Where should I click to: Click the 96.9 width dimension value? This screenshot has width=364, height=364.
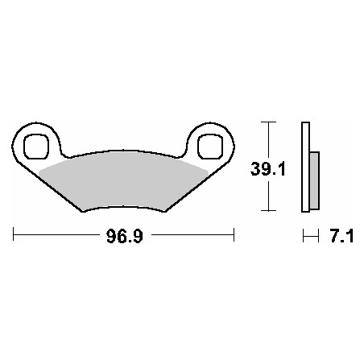click(125, 236)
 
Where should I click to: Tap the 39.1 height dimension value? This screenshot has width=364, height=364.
click(267, 169)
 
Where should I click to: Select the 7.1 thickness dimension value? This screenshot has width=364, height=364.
click(341, 236)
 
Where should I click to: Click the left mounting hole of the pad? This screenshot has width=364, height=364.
click(36, 147)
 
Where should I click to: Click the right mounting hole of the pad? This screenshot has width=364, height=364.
click(210, 147)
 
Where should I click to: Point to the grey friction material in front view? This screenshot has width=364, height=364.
click(123, 180)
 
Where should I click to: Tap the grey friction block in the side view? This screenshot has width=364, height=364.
click(314, 180)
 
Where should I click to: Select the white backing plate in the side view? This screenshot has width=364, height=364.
click(305, 167)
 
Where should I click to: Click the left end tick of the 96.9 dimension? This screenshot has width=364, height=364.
click(14, 234)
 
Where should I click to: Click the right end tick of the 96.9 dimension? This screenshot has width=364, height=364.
click(234, 234)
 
